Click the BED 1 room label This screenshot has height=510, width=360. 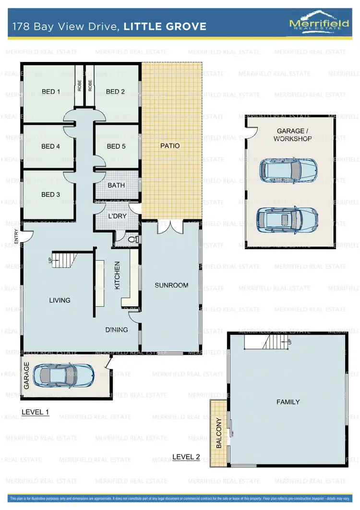pos(51,92)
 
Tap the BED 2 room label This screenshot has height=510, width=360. pos(115,92)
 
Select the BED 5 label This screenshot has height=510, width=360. pos(116,146)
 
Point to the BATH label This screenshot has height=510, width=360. pos(116,185)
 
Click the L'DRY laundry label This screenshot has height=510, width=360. pos(117,217)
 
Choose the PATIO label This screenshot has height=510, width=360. pos(170,146)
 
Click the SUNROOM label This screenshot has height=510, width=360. pos(171,285)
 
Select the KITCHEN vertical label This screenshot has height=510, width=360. pos(117,276)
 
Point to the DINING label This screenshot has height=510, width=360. pos(117,329)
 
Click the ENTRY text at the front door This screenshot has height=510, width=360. pos(16,236)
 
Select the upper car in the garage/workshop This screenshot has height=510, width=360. pos(287,169)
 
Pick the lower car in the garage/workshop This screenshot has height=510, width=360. pos(287,219)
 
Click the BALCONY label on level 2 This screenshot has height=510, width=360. pos(219,433)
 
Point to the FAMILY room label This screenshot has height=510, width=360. pos(288,402)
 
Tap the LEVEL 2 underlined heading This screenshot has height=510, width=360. pos(186,457)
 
